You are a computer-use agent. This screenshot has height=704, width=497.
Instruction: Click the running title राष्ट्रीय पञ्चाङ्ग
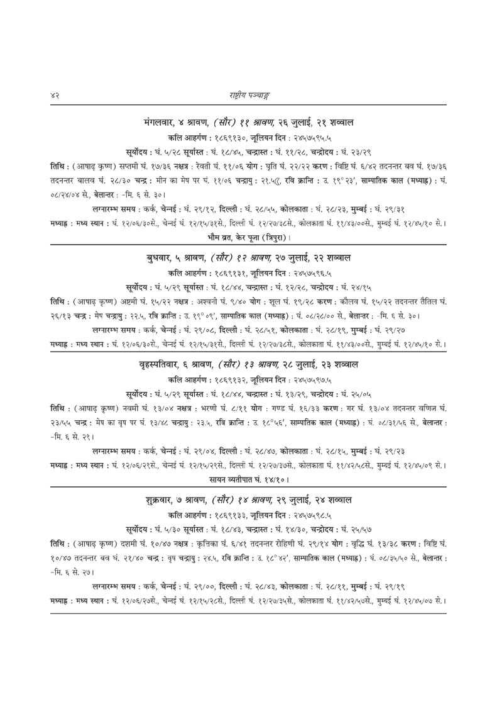coord(248,95)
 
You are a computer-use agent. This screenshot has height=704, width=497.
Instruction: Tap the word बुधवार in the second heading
coord(161,259)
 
